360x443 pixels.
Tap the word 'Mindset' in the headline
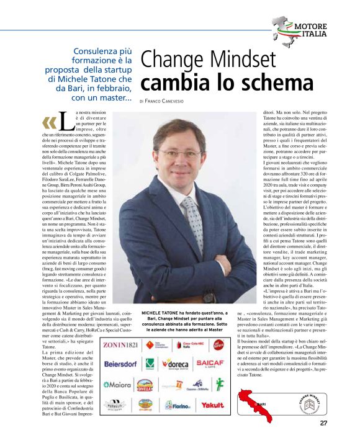click(235, 60)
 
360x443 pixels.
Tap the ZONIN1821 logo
click(121, 344)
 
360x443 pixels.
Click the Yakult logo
click(212, 404)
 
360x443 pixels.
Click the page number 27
click(323, 424)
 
